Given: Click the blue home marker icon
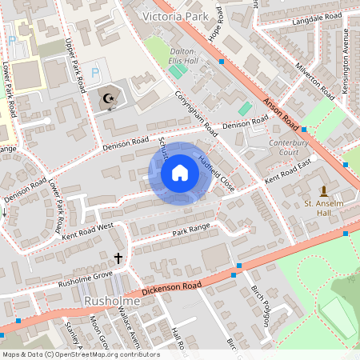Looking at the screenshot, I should pos(180,173).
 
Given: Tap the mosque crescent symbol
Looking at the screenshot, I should pos(107,98).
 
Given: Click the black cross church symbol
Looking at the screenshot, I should pos(119,258).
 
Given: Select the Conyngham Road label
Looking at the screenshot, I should pos(196,112).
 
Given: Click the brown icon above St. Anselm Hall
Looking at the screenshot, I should pos(324,191).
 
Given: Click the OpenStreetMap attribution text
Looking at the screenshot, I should pos(80,354).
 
